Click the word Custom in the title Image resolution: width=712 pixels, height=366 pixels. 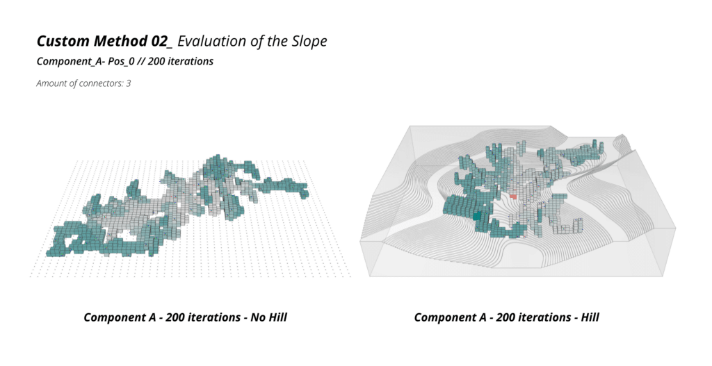point(63,41)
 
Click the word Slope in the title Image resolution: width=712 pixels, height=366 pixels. point(309,41)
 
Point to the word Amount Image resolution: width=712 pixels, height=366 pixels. point(51,83)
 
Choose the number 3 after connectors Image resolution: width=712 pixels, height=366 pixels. point(129,83)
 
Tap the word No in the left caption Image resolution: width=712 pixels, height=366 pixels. point(257,317)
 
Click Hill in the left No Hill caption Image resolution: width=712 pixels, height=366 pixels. point(277,317)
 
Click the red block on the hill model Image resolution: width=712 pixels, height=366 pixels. point(513,197)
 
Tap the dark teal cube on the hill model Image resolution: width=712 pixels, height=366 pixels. point(477,216)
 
